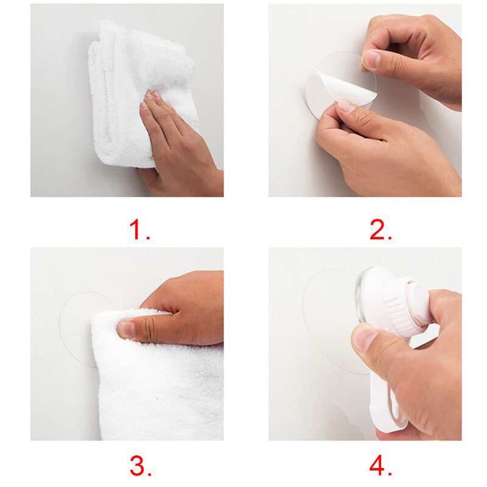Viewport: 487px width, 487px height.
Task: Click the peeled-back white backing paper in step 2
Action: click(338, 90)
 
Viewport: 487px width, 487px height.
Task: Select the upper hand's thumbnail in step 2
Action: click(372, 59)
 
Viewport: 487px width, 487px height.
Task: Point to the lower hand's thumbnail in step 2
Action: click(347, 105)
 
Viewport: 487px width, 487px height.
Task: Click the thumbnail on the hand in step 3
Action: click(127, 329)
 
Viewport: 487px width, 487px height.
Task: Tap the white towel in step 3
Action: click(158, 376)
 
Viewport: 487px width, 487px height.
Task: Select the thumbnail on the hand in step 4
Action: click(364, 337)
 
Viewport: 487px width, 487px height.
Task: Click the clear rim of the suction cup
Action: click(361, 295)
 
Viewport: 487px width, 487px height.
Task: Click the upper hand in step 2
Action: click(413, 59)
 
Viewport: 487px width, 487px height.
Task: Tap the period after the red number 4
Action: click(390, 474)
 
